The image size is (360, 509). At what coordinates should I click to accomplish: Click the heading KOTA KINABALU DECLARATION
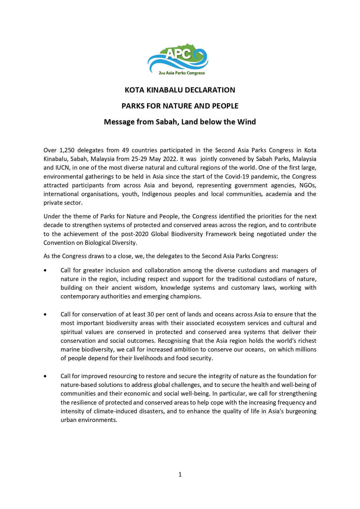pos(180,90)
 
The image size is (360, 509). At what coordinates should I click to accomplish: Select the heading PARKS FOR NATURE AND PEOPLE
pos(180,106)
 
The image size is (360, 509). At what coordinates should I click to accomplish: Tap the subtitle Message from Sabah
pos(180,122)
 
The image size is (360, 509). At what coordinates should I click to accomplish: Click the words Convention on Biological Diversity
pos(90,243)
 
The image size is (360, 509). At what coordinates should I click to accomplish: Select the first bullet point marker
pos(45,270)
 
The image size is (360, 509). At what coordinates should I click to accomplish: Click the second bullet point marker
pos(45,314)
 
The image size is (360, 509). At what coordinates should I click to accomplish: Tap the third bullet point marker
pos(45,376)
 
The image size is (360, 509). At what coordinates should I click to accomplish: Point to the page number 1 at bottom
pos(180,474)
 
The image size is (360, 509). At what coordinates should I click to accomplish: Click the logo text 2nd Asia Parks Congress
pos(182,73)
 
